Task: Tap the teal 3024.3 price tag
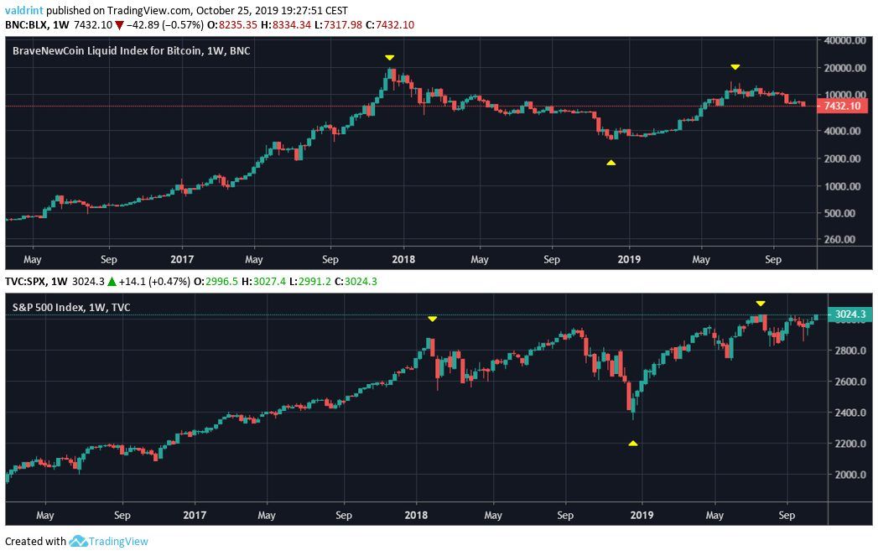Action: pyautogui.click(x=849, y=315)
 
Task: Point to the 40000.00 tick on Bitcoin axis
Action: pyautogui.click(x=844, y=40)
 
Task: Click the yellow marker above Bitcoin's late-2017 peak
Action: pyautogui.click(x=389, y=57)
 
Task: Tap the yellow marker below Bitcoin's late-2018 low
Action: pyautogui.click(x=611, y=163)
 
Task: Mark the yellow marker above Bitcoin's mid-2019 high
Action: pyautogui.click(x=735, y=66)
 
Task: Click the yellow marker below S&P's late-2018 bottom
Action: pyautogui.click(x=633, y=443)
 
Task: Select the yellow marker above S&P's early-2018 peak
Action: pyautogui.click(x=432, y=319)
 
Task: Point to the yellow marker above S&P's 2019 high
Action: pyautogui.click(x=760, y=303)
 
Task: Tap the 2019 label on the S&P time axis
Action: pyautogui.click(x=642, y=514)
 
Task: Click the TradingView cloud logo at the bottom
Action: pyautogui.click(x=79, y=542)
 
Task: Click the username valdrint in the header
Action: pyautogui.click(x=24, y=11)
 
